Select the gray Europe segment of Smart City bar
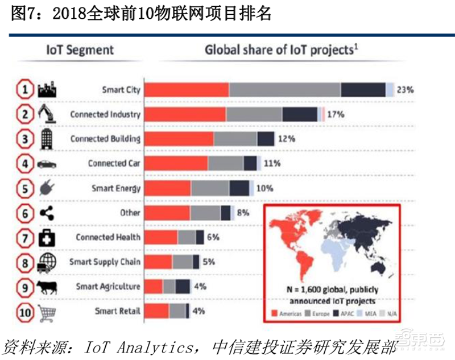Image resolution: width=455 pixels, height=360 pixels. coord(285,90)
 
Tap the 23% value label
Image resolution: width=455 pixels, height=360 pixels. coord(405,90)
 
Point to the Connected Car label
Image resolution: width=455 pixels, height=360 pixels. coord(114,163)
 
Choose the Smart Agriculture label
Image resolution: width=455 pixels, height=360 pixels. coord(108,286)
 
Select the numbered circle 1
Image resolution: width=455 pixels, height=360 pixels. coord(22,90)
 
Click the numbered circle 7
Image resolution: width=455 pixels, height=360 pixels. coord(22,237)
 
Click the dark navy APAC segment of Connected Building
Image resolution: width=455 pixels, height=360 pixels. coord(265,139)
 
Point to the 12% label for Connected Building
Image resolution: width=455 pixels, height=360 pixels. coord(287,139)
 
